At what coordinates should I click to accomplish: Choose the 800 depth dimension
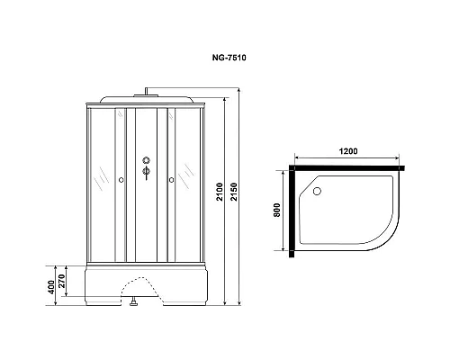280,212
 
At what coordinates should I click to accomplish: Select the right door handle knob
168,180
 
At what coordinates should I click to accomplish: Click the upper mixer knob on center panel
144,163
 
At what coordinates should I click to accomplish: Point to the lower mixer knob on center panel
144,177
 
